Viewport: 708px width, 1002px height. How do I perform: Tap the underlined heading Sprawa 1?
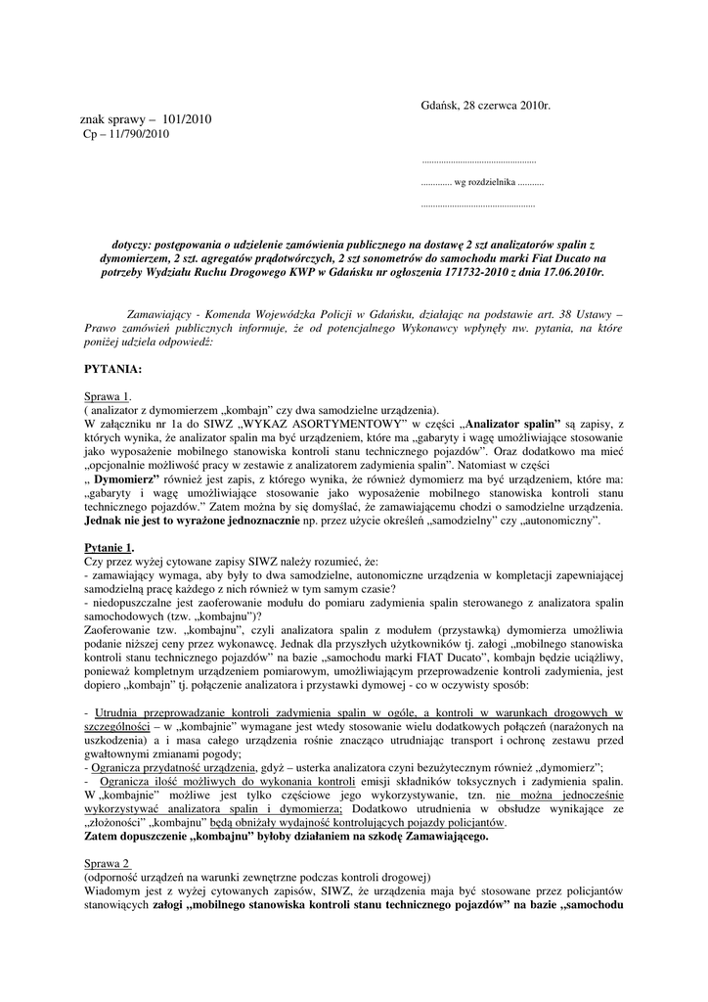(108, 395)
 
